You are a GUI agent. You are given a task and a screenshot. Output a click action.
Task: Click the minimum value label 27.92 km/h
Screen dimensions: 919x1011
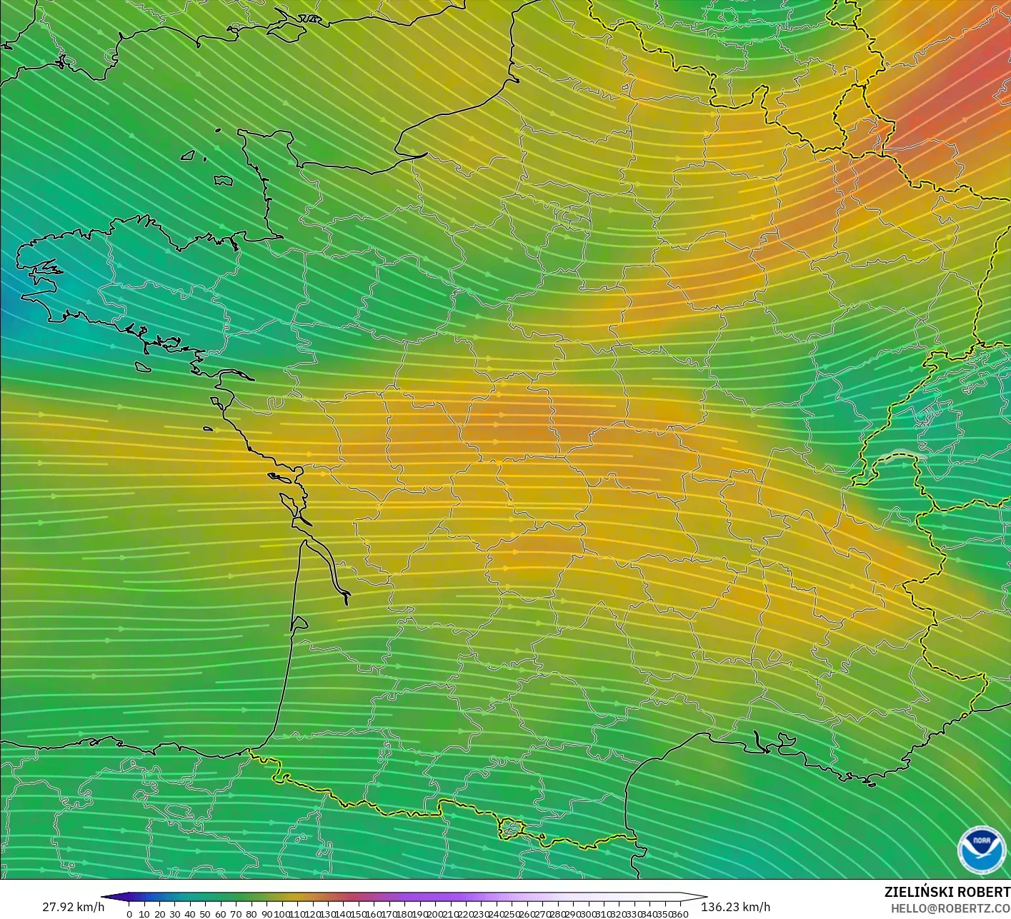[73, 907]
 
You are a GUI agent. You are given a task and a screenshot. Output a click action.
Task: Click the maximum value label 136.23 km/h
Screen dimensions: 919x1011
[735, 907]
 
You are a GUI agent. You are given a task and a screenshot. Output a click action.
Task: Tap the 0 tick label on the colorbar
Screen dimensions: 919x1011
[129, 914]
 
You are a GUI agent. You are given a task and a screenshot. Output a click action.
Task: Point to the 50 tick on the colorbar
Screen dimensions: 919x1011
[205, 914]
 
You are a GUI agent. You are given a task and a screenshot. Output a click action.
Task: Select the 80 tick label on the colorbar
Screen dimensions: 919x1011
[251, 914]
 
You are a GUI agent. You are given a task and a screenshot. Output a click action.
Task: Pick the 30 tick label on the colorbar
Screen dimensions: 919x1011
[174, 914]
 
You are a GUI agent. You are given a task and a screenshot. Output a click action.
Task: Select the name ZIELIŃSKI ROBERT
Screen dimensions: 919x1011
[947, 892]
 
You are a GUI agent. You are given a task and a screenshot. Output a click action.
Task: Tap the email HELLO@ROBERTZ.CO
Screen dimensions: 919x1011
[950, 908]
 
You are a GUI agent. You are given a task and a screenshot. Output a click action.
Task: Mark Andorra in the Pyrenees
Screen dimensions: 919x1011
[512, 828]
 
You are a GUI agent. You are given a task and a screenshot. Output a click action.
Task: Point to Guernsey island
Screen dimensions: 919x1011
[189, 155]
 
